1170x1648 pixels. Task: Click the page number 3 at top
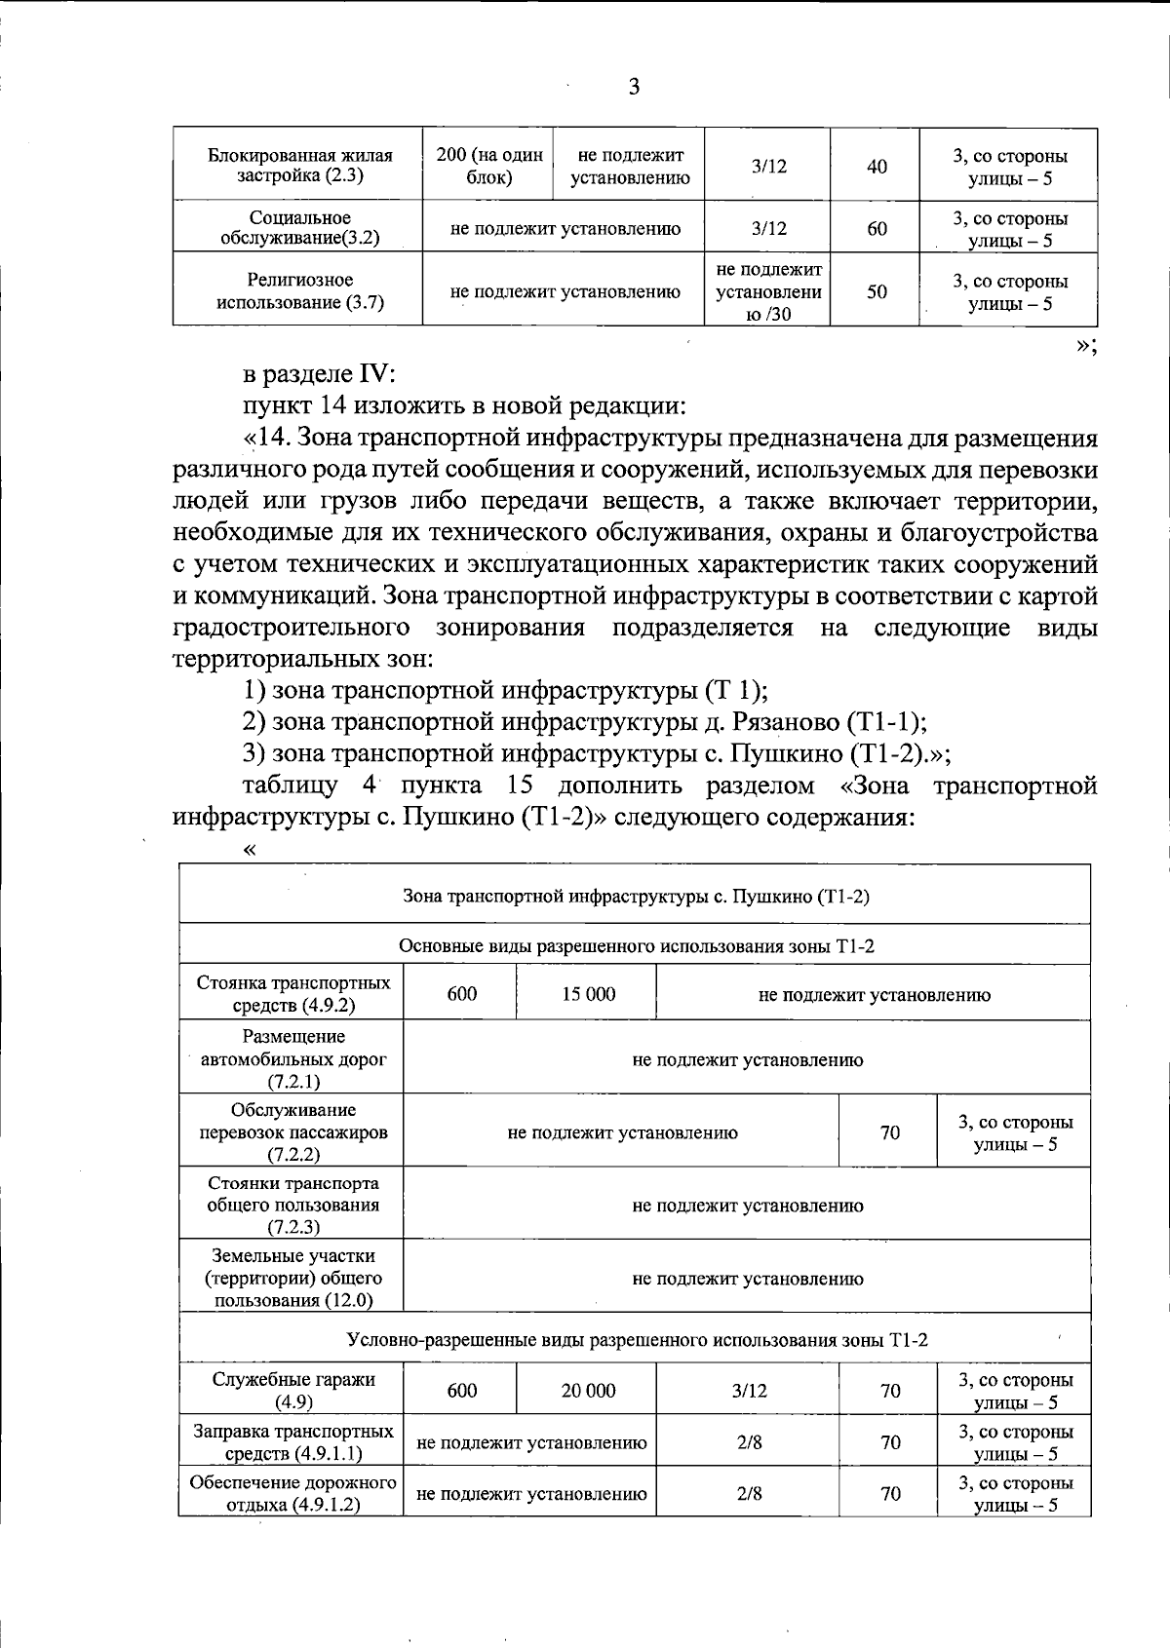pos(634,88)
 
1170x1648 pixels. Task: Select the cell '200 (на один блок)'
pos(488,167)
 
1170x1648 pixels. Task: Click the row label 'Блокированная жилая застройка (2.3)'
pos(300,167)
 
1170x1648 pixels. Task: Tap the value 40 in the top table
pos(877,167)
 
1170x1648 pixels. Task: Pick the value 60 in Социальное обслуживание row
pos(877,229)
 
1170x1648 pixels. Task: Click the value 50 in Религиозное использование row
pos(877,291)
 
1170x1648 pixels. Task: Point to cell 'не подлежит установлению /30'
pos(768,291)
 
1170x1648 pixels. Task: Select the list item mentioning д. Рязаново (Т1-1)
pos(584,722)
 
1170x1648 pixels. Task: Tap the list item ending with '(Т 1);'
pos(505,691)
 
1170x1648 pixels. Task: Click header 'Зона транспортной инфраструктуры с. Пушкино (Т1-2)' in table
pos(636,896)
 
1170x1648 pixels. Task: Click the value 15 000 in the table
pos(588,994)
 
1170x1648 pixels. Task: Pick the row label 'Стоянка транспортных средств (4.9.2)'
pos(293,994)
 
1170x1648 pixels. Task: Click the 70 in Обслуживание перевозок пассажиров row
pos(889,1132)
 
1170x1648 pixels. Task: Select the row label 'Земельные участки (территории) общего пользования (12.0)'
pos(293,1278)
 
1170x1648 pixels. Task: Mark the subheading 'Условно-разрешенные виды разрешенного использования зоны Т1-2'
pos(637,1340)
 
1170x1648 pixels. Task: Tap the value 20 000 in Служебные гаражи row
pos(588,1391)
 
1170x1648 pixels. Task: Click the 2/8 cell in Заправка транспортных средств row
pos(749,1442)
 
